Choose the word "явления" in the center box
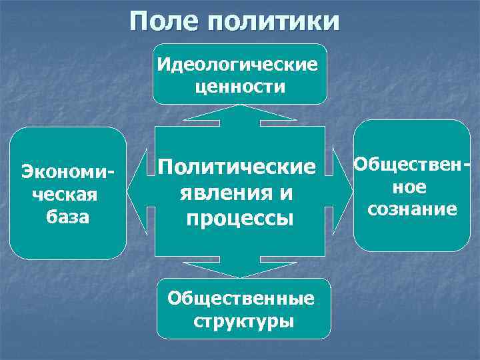pyautogui.click(x=221, y=193)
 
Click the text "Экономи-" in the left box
pyautogui.click(x=67, y=171)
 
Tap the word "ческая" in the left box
pyautogui.click(x=66, y=195)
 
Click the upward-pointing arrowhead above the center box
pyautogui.click(x=239, y=113)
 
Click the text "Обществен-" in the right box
pyautogui.click(x=411, y=164)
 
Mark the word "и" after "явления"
pyautogui.click(x=285, y=193)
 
